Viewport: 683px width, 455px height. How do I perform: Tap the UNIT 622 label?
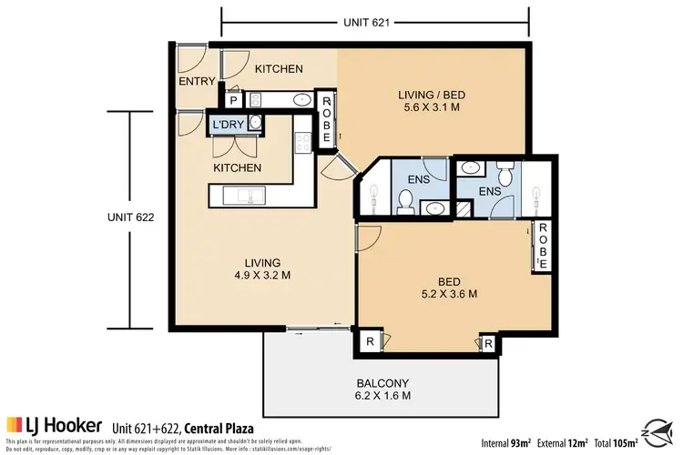coord(128,217)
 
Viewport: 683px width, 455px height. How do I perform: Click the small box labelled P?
coord(232,101)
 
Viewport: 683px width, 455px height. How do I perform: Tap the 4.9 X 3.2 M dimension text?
coord(254,278)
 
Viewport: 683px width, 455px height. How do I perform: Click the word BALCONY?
coord(382,382)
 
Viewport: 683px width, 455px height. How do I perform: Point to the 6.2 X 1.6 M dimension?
coord(382,397)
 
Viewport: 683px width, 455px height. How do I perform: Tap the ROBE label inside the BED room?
coord(543,247)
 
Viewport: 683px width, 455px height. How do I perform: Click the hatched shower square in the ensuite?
coord(464,208)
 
